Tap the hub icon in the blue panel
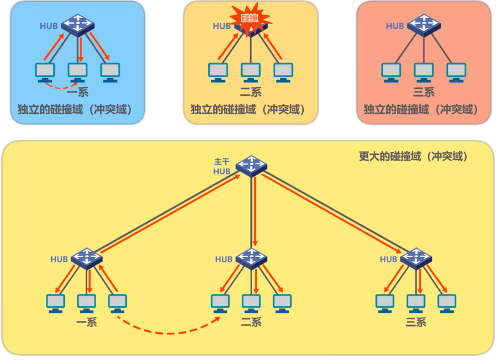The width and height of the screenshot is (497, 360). tap(77, 24)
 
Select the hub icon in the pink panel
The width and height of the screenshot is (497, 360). tap(423, 24)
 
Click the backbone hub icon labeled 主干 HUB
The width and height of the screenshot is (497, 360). tap(251, 165)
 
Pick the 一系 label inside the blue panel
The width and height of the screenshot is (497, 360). tap(78, 92)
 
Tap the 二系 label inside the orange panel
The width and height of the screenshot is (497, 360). tap(251, 92)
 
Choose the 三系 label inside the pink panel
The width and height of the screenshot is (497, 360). tap(423, 92)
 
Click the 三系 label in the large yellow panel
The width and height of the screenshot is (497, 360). tap(416, 321)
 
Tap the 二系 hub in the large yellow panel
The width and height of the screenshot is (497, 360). tap(251, 258)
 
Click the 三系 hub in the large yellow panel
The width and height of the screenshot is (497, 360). tap(416, 258)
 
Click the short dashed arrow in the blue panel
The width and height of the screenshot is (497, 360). tap(62, 85)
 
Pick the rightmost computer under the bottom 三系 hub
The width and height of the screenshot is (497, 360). tap(447, 303)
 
